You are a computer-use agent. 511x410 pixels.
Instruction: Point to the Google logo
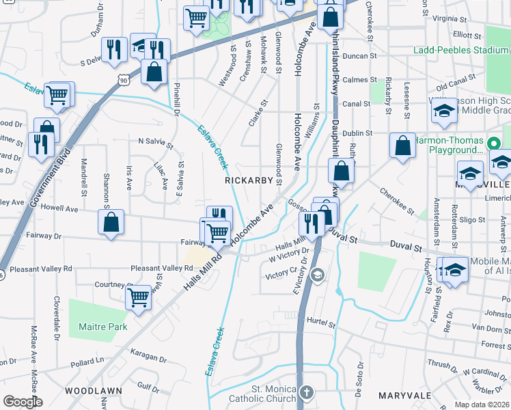23,402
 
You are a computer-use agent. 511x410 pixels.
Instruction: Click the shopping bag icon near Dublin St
402,145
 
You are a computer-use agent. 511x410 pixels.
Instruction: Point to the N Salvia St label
155,141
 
